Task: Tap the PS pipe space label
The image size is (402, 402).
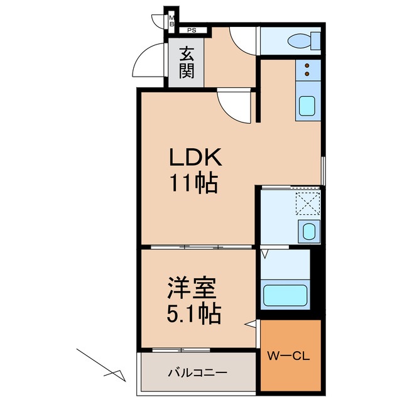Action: (191, 30)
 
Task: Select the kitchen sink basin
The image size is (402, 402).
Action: (307, 106)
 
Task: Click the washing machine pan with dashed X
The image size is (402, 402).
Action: (308, 205)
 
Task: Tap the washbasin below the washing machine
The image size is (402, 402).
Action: (308, 231)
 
